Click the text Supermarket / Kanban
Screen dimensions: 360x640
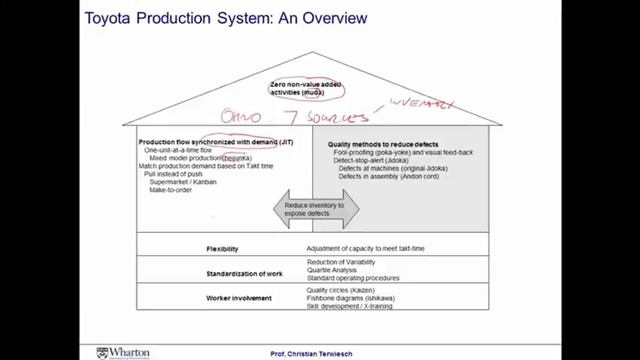(x=185, y=181)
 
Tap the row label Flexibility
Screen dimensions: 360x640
(x=222, y=247)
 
